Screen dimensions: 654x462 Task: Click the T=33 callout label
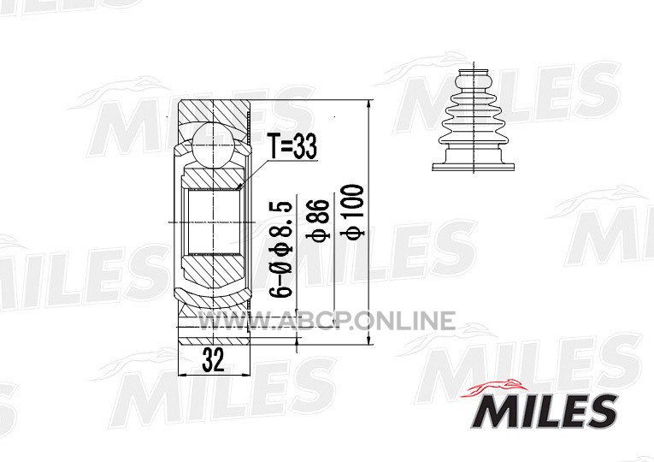(x=292, y=146)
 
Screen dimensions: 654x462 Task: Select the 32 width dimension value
(x=213, y=359)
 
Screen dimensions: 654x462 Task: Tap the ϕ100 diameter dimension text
(x=353, y=212)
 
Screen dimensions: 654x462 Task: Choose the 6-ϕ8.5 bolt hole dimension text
(x=280, y=249)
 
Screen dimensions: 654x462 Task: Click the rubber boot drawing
(x=474, y=118)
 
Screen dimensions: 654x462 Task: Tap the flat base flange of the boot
(x=474, y=168)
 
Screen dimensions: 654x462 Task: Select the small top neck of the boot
(x=474, y=78)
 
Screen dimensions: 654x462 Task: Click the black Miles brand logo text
(x=544, y=411)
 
